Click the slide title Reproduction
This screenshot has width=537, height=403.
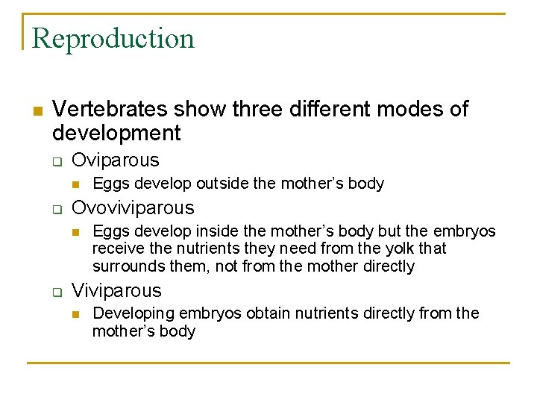(x=113, y=38)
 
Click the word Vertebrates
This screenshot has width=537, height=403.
(x=110, y=109)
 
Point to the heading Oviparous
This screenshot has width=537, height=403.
(x=115, y=160)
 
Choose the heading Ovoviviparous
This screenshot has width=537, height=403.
(x=132, y=207)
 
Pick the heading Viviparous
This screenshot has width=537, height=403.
(x=116, y=290)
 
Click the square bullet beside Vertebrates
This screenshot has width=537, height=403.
(x=37, y=110)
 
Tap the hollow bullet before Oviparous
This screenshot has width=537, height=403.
(x=56, y=161)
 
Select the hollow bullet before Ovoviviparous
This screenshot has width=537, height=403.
(x=56, y=209)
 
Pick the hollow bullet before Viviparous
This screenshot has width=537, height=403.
(x=56, y=292)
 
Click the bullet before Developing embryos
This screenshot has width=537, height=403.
(x=75, y=314)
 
